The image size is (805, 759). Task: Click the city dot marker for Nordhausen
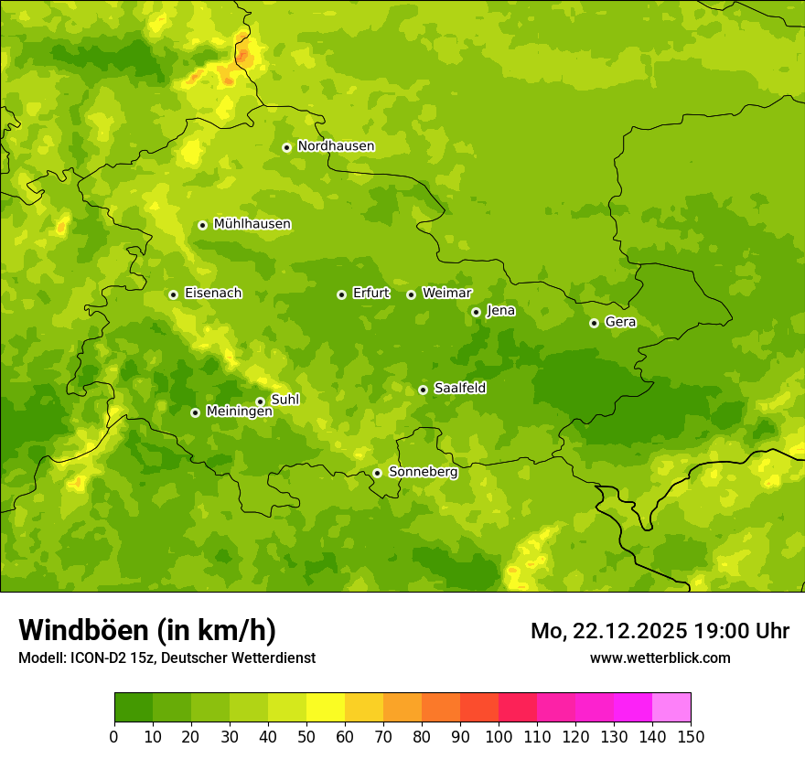[286, 147]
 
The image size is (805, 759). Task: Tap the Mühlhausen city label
[252, 224]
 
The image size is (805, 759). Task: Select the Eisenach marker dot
[173, 294]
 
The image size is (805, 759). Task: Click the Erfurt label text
[370, 294]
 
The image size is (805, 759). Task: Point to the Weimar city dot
[411, 294]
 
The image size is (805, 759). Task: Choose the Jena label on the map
[500, 311]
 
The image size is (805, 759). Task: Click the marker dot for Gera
[594, 323]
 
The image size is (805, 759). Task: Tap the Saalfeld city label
[459, 389]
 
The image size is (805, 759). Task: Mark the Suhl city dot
[260, 401]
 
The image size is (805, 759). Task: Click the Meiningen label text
[239, 412]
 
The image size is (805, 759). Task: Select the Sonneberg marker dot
[377, 474]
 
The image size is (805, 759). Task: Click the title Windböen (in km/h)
[146, 630]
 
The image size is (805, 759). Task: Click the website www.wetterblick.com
[660, 657]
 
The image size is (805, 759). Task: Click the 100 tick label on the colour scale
[499, 736]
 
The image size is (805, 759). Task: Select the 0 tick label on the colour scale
[114, 736]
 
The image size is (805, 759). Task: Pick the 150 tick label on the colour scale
[691, 736]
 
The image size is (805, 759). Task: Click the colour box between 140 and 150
[671, 708]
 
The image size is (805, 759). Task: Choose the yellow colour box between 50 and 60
[326, 708]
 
